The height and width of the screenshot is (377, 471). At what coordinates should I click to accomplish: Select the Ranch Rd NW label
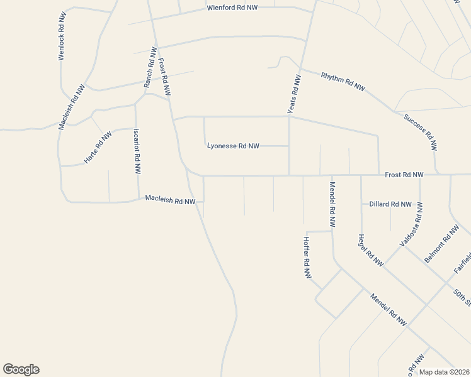[149, 67]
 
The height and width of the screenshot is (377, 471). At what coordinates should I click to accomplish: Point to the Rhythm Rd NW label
[343, 82]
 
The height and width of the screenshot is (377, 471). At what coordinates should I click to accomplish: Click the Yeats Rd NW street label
[294, 94]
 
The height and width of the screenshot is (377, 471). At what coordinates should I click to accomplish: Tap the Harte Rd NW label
[98, 148]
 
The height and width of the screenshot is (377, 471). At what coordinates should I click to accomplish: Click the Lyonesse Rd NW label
[233, 146]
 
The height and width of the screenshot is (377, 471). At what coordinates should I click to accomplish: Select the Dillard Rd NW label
[390, 204]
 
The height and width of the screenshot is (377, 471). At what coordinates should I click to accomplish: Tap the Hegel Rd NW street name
[370, 251]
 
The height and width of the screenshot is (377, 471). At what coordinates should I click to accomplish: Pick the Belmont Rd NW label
[442, 244]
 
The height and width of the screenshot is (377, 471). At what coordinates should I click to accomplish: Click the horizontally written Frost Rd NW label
[404, 174]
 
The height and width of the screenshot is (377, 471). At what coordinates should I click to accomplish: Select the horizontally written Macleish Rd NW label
[170, 200]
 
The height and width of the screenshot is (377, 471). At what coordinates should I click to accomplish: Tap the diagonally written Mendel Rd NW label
[388, 310]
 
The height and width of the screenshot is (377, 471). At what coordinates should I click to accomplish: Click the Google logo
[21, 369]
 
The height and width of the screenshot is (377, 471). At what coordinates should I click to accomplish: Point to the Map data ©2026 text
[444, 372]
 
